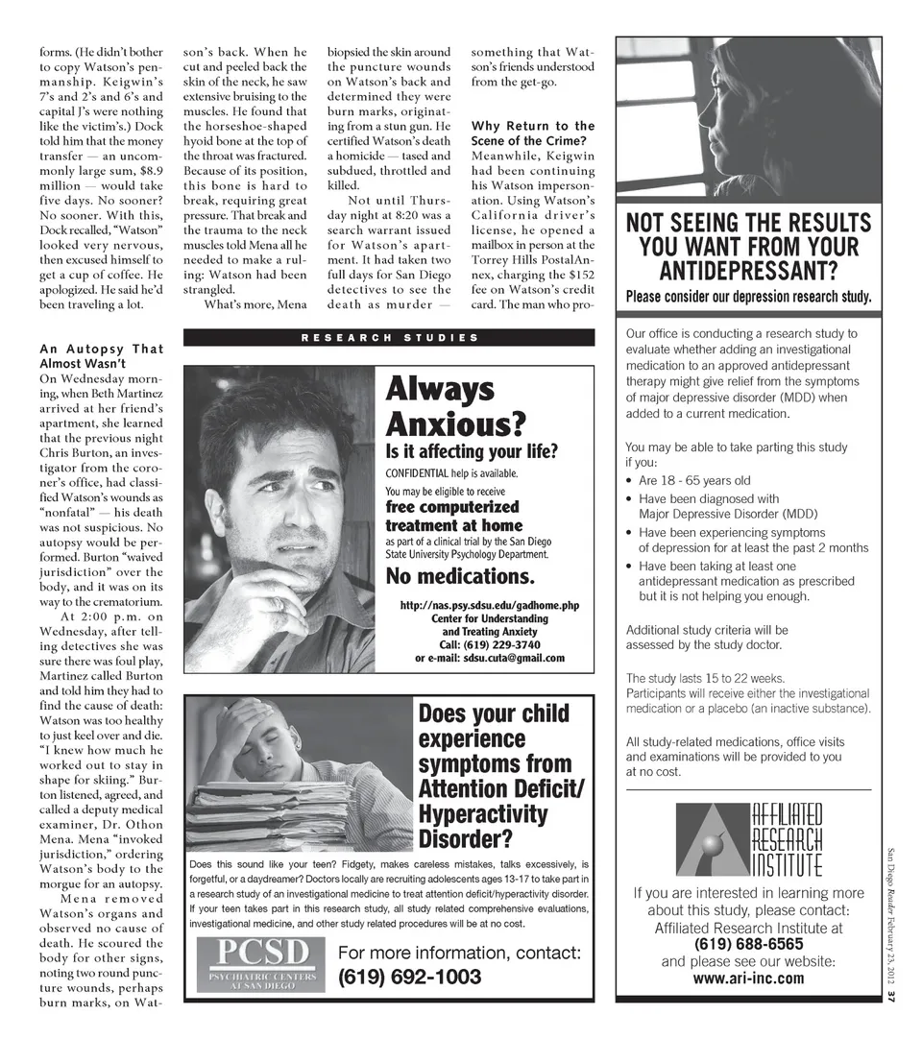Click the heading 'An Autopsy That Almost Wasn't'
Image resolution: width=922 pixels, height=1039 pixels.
101,356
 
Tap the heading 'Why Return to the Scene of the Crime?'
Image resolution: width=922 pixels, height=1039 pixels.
533,133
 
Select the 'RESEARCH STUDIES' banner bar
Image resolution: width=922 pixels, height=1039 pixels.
388,337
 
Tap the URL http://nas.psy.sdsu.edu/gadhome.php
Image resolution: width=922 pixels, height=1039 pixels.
489,605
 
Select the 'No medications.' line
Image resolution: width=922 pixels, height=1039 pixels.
459,576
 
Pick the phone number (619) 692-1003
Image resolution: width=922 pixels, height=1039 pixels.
409,978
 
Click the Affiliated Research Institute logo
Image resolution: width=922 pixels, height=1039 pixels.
748,839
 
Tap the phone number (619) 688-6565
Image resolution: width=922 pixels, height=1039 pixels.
748,945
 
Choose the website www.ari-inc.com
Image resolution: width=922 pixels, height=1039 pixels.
748,979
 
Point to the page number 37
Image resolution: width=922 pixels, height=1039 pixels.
890,998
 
